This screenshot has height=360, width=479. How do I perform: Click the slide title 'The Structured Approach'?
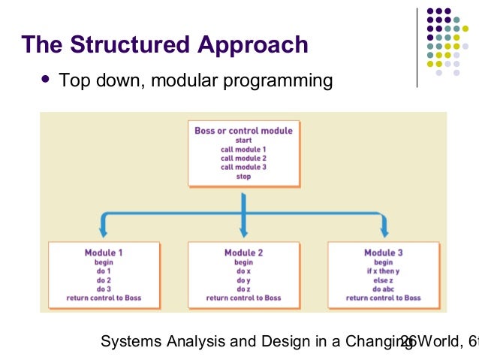[x=165, y=44]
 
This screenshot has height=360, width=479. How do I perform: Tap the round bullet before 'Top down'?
[x=47, y=78]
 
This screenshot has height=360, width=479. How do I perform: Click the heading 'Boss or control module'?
[x=243, y=131]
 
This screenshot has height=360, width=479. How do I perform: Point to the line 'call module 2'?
[x=243, y=158]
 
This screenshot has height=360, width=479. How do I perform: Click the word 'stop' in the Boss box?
[x=243, y=177]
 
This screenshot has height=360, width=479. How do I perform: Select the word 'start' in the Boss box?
[x=243, y=141]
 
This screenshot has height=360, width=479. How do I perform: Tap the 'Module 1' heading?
[x=104, y=253]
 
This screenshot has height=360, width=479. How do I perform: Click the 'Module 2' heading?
[x=243, y=253]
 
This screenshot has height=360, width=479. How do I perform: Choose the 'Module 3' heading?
[x=383, y=253]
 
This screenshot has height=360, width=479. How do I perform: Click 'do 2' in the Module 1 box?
[x=104, y=280]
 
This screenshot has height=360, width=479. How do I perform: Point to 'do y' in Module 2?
[x=243, y=280]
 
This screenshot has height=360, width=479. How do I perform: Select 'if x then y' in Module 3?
[x=383, y=271]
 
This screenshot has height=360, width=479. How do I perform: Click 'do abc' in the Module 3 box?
[x=383, y=289]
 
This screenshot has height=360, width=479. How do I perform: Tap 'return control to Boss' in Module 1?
[x=104, y=298]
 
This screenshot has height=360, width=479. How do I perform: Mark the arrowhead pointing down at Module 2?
[x=243, y=231]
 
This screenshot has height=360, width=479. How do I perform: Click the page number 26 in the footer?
[x=408, y=342]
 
